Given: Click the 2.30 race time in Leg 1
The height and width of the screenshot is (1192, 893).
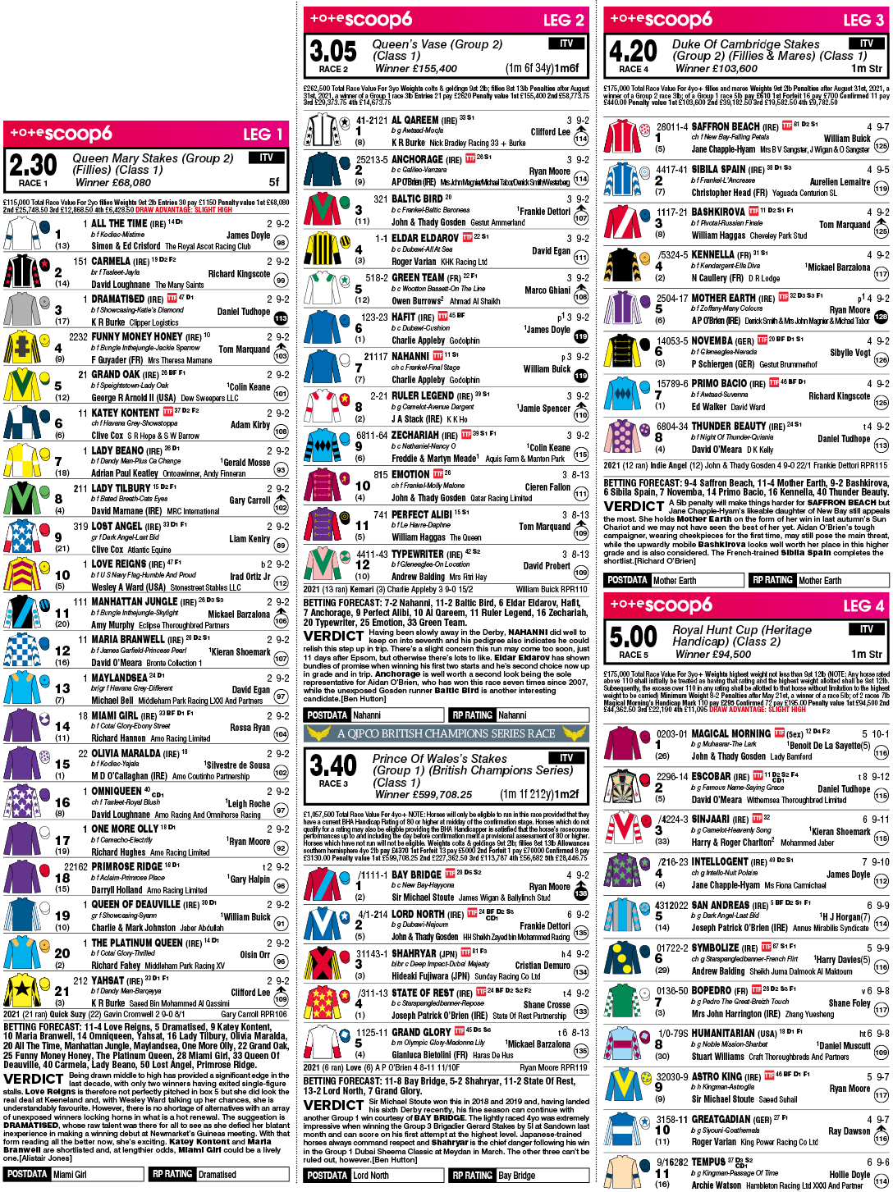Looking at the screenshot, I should pos(33,166).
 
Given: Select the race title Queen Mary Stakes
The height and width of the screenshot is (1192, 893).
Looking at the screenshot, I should pos(153,158).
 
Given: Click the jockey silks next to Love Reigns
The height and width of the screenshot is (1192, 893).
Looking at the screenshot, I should pos(22,574).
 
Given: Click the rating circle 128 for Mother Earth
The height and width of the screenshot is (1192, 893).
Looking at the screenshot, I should pos(881,317).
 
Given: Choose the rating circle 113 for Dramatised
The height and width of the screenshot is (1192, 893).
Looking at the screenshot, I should pos(281,318).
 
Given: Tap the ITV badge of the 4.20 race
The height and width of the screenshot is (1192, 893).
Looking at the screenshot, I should pos(866,43).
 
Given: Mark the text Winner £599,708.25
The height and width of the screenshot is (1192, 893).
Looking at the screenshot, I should pos(424,794).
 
